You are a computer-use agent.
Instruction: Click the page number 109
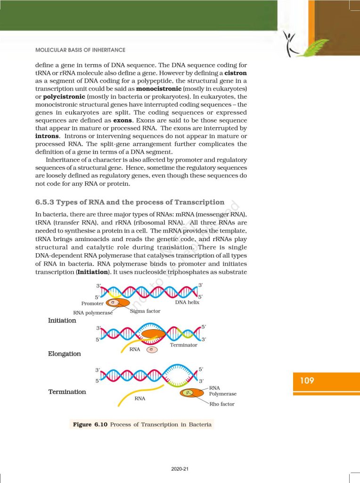(x=307, y=380)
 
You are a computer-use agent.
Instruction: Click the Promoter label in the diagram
(x=92, y=303)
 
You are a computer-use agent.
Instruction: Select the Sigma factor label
(x=145, y=311)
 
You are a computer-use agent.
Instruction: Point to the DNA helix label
(x=187, y=302)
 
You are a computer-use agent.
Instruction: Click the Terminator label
(x=183, y=345)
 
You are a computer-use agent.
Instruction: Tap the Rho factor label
(x=221, y=404)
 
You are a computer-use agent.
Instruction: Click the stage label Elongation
(x=65, y=354)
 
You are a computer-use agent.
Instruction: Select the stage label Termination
(x=67, y=392)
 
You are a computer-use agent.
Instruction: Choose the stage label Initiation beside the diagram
(x=62, y=320)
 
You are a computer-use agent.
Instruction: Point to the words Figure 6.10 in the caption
(x=90, y=425)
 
